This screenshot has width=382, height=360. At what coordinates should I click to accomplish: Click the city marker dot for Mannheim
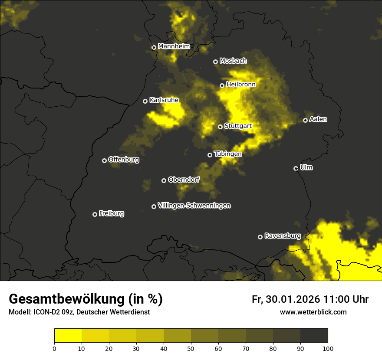click(154, 48)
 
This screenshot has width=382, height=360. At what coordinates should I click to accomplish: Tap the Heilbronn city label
click(241, 85)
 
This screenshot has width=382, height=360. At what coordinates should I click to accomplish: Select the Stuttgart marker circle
click(221, 127)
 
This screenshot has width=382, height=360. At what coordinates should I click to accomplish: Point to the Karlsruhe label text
click(164, 100)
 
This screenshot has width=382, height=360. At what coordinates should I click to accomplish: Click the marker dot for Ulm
click(296, 168)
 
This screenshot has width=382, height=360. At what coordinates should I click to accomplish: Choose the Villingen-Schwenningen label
click(194, 206)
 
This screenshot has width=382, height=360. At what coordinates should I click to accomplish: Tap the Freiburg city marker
click(95, 214)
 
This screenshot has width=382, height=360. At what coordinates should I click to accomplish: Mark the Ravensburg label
click(283, 236)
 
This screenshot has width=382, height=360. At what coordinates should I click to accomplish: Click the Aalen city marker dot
click(306, 120)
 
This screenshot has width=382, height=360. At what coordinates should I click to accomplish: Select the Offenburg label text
click(124, 160)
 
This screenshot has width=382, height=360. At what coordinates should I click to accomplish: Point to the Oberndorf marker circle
click(164, 180)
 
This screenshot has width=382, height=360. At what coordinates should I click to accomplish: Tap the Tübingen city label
click(228, 154)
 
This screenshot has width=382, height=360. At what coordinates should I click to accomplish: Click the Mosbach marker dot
click(215, 62)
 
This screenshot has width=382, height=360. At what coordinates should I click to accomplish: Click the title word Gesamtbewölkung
click(67, 299)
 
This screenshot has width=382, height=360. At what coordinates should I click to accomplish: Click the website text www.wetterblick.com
click(313, 312)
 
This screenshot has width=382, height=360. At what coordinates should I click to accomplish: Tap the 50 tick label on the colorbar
click(191, 348)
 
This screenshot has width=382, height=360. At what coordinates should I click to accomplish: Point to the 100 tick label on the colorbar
click(328, 348)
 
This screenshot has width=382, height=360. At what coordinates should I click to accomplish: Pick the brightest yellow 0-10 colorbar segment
click(68, 336)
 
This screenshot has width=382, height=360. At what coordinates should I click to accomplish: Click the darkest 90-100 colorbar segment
click(314, 336)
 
